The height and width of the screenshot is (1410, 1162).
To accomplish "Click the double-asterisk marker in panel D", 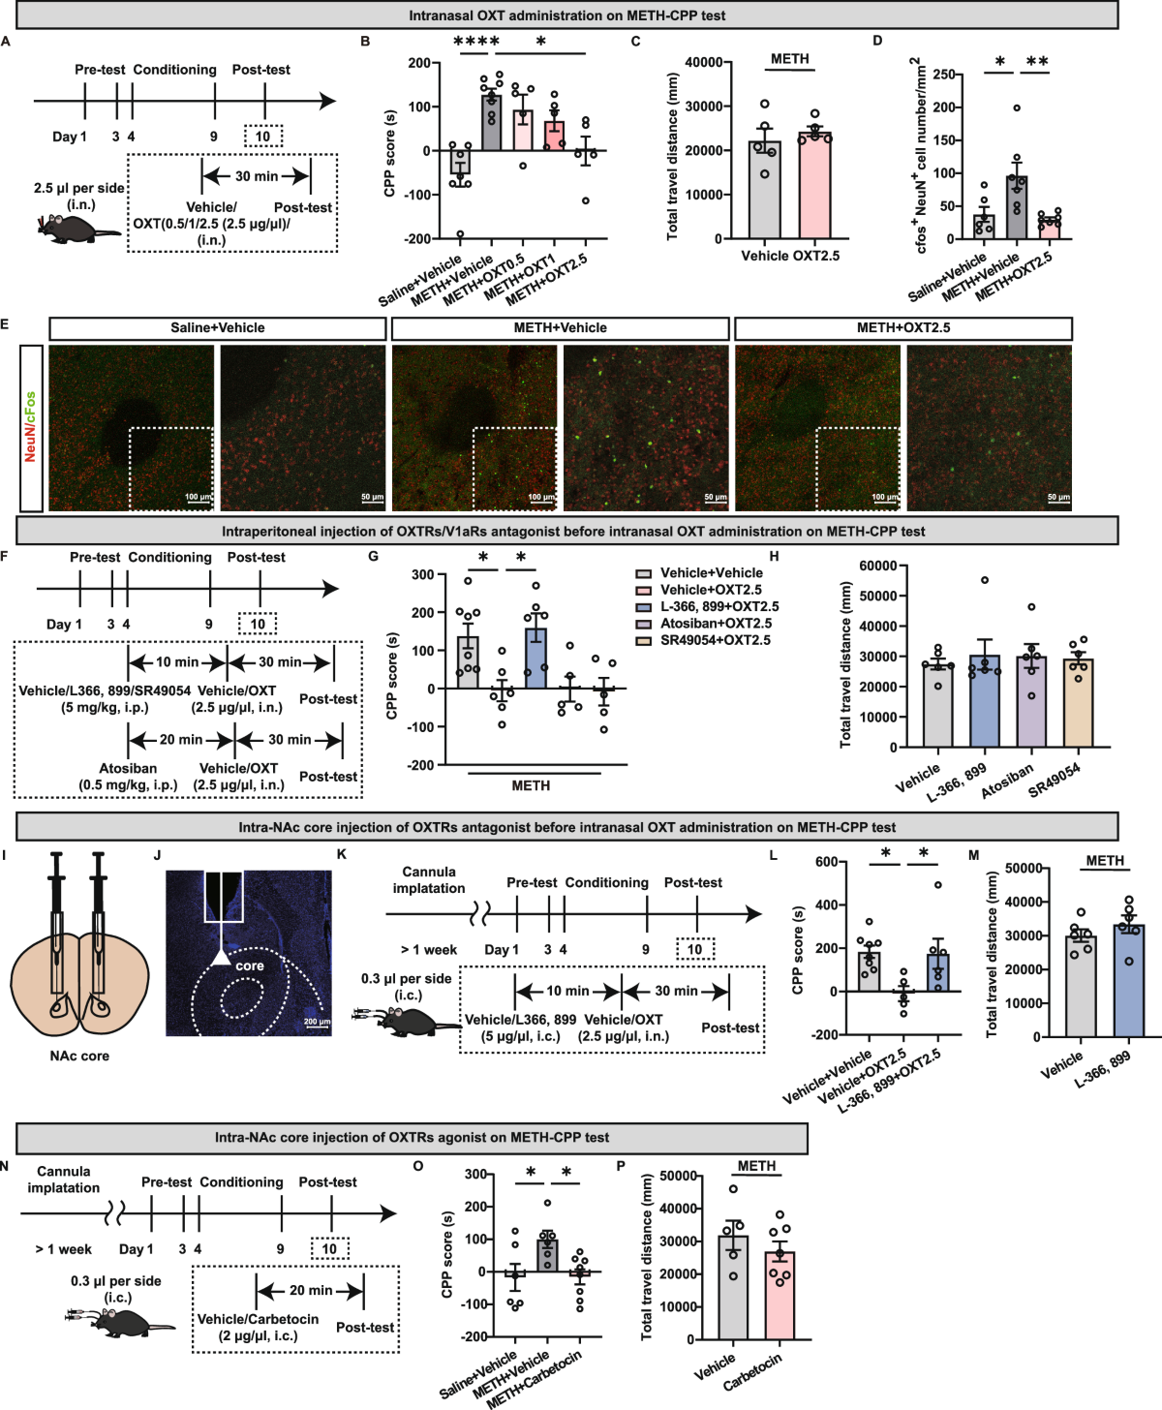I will [1036, 62].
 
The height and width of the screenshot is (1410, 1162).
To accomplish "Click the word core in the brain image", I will [250, 966].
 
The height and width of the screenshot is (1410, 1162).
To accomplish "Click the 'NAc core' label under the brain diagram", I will [79, 1056].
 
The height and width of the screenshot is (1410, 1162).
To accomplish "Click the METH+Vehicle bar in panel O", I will [548, 1255].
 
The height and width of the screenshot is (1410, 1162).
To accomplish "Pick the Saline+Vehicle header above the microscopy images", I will [217, 328].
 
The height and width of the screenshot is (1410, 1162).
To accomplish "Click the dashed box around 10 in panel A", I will [263, 137].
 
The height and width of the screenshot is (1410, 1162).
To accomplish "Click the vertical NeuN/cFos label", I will [30, 426].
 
